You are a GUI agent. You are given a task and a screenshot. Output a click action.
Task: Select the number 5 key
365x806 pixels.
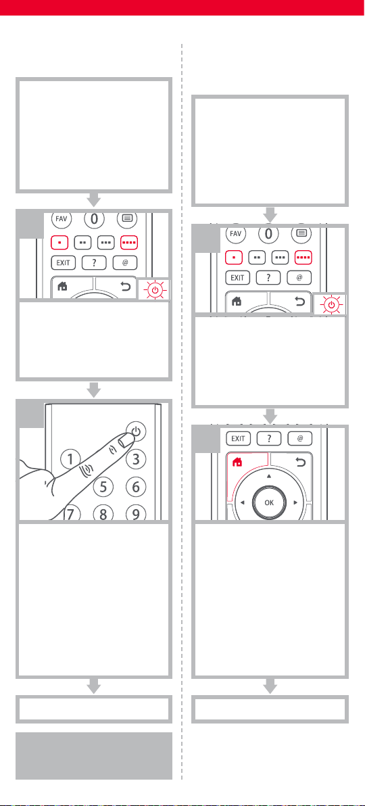[x=103, y=486]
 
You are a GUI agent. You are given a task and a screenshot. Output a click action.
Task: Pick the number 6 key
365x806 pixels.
[x=136, y=486]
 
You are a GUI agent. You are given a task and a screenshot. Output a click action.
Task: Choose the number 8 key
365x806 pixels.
[x=103, y=513]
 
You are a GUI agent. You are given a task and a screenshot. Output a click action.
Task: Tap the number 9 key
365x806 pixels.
[x=136, y=513]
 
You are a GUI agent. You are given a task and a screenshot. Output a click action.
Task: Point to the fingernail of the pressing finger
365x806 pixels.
[x=124, y=440]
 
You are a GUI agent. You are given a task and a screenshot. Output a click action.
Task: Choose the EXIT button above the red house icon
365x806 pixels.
[x=238, y=438]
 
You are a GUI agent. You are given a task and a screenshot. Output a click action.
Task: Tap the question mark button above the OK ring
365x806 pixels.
[x=268, y=438]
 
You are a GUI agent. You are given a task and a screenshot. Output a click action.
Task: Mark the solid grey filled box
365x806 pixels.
[x=93, y=756]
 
